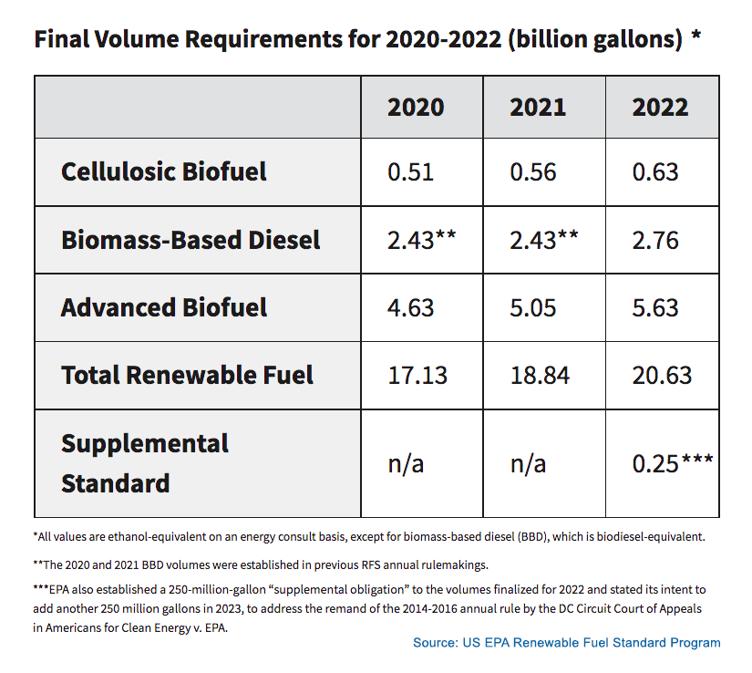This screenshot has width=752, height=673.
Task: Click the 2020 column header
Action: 416,107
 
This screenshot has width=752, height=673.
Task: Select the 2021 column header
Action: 538,107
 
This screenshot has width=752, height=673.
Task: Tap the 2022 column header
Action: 660,107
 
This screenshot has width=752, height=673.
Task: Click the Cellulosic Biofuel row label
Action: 164,172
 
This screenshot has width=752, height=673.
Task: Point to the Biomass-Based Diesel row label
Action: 191,240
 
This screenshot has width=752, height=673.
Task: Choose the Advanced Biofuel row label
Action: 164,307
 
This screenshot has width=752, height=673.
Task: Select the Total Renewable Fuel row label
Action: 187,375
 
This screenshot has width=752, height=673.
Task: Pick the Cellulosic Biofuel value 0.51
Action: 410,172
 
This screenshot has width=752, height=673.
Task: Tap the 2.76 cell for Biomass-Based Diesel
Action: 655,240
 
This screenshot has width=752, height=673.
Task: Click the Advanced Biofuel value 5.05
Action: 533,307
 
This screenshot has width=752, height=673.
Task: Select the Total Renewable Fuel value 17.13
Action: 417,375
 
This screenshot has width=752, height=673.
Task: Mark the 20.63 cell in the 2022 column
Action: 662,375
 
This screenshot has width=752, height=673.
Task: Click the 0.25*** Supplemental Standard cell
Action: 673,463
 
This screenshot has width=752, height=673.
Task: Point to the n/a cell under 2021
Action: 528,463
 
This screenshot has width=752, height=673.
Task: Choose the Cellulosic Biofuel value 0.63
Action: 655,172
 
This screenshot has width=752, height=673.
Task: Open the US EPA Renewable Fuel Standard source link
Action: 566,643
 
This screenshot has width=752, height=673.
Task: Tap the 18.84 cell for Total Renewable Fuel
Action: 540,375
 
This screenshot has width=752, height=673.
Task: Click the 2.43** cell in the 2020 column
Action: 421,240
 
